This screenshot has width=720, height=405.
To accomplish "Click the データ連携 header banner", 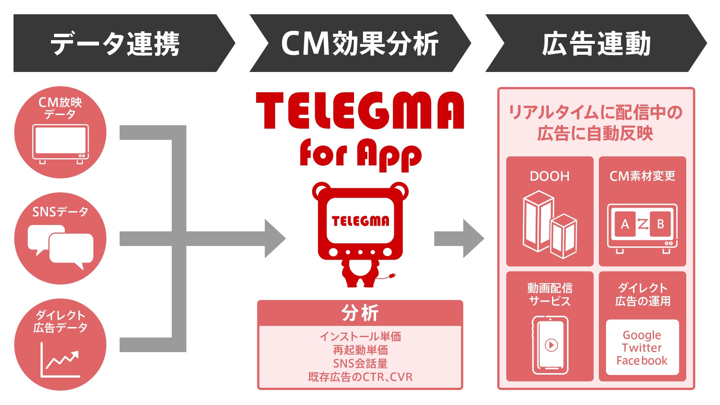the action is coord(116,43).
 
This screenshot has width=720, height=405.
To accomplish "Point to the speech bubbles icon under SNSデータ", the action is coord(60,246).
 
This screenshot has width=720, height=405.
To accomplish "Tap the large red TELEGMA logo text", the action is coord(360,111).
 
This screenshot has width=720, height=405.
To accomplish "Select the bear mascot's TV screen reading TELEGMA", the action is coord(360,220).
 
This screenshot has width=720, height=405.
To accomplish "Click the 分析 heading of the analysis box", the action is coord(360,313).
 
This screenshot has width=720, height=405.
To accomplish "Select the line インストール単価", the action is coord(360,336).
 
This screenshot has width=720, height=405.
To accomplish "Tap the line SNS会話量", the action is coord(360,363).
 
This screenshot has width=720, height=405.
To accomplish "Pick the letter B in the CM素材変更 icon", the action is coord(660,224).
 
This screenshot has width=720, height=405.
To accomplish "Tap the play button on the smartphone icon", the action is coord(551,345).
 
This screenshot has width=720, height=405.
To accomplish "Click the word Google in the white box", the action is coord(642,334).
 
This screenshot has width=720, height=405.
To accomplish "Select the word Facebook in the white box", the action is coord(642,361).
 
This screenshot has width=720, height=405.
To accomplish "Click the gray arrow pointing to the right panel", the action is coord(459,238).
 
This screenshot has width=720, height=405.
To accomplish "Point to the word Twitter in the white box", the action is coord(642,348).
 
